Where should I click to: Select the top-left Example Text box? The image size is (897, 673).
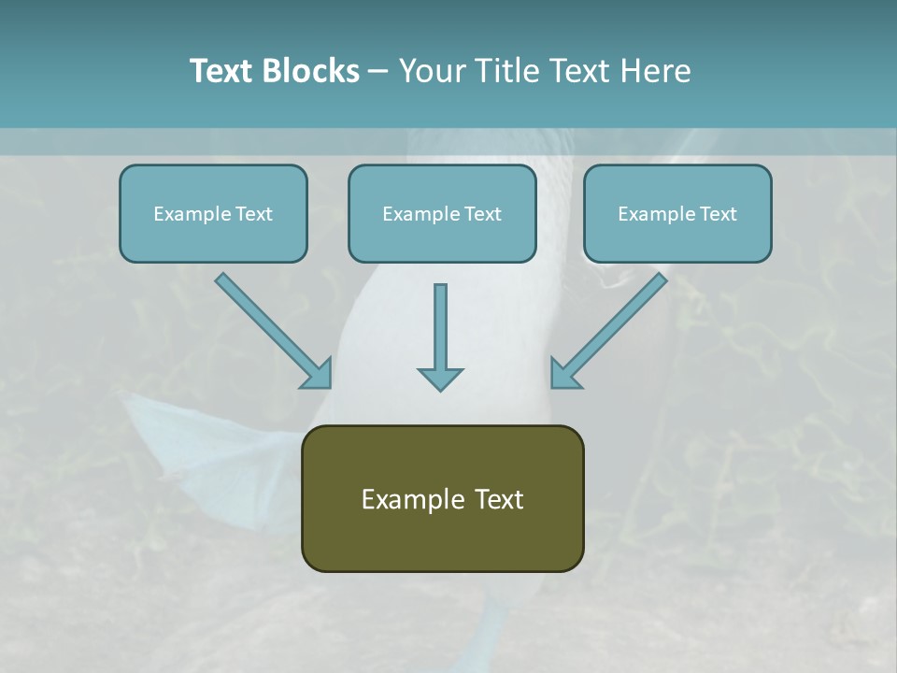click(213, 214)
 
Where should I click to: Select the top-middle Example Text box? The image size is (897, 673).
click(442, 214)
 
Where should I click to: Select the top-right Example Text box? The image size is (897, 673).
click(677, 214)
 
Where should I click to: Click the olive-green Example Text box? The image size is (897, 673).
click(442, 498)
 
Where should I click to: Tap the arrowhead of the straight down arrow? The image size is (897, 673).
click(440, 379)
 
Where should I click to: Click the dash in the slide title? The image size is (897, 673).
click(378, 72)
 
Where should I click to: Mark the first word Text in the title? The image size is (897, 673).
click(221, 71)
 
